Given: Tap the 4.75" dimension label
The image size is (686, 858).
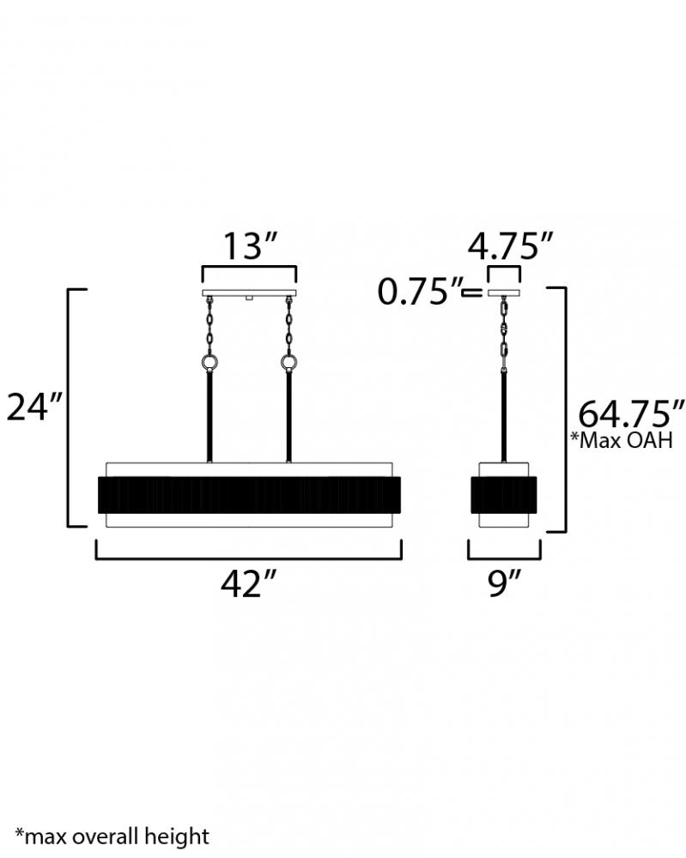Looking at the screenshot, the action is click(510, 246).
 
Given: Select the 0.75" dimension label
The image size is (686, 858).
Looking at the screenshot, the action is click(420, 292).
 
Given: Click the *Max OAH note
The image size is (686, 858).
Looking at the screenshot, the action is click(622, 440).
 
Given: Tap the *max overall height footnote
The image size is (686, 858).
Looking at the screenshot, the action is click(112, 837).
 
